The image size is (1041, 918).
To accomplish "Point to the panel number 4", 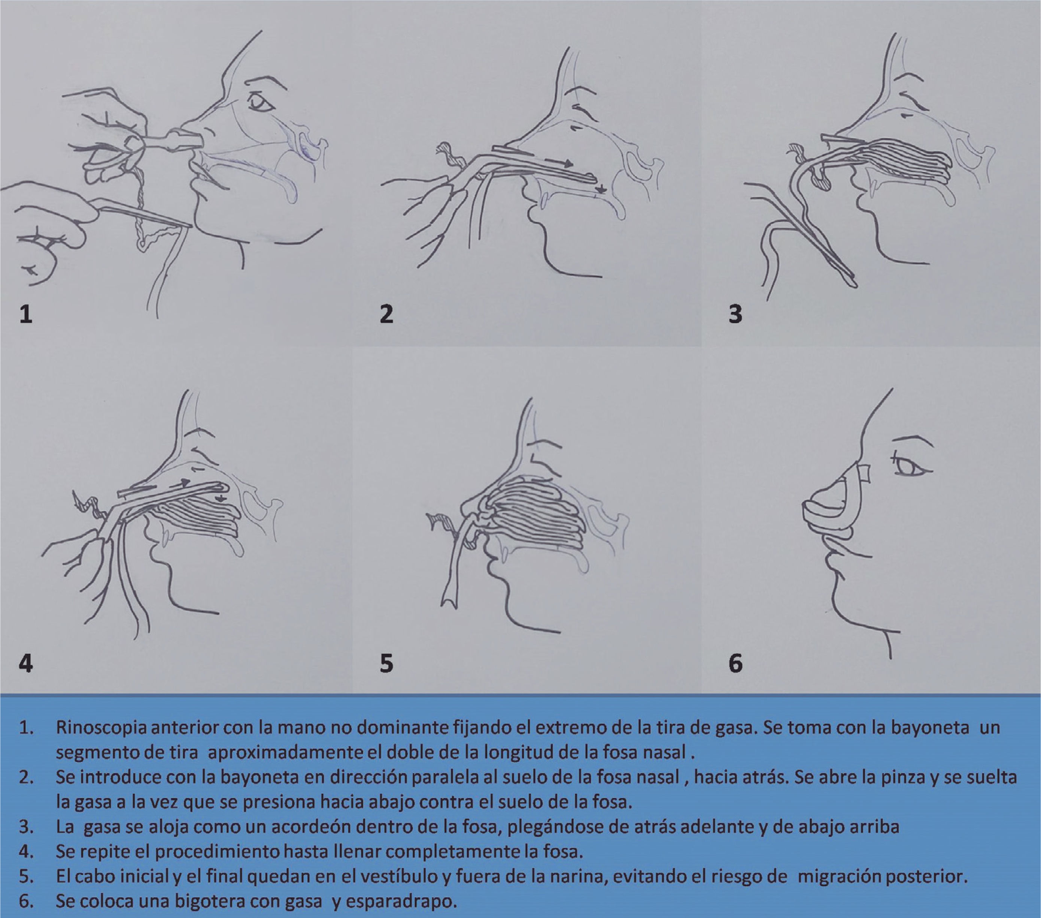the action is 26,664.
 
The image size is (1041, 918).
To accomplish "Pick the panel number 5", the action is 386,664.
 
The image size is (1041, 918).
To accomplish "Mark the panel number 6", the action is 735,664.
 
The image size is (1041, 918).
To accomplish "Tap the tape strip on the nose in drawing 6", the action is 864,473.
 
